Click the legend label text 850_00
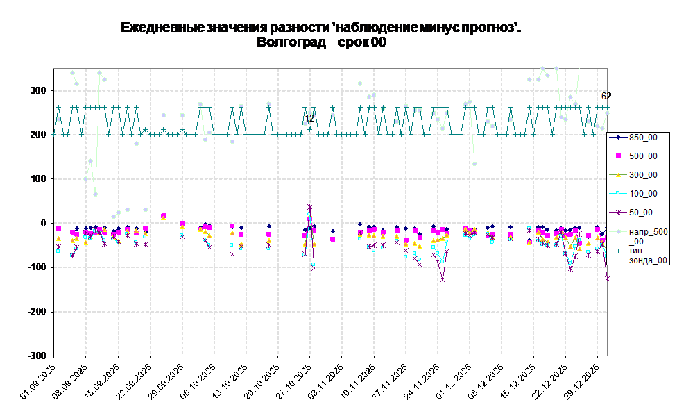click(643, 138)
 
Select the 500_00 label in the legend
click(643, 156)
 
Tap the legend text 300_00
click(643, 175)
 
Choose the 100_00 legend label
click(643, 194)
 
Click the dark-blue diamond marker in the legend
click(618, 138)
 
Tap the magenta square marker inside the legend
click(618, 156)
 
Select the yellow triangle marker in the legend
click(618, 175)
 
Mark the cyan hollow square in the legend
click(618, 194)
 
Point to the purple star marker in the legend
click(618, 213)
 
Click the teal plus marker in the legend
click(618, 251)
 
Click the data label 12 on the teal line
click(309, 119)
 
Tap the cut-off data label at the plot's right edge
click(604, 97)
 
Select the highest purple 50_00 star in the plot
click(309, 207)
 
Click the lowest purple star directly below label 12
click(314, 267)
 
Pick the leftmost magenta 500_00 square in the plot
click(58, 228)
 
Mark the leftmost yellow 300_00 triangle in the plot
click(58, 239)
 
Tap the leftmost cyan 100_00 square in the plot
click(58, 250)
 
